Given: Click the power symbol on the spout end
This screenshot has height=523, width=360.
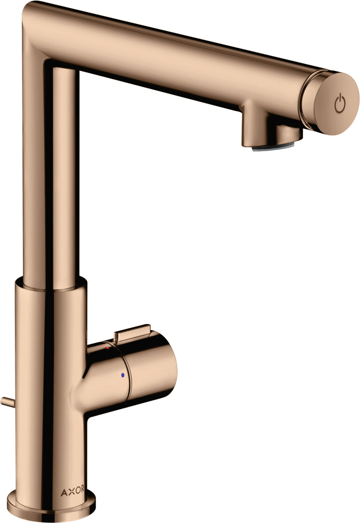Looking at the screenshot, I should (340, 104).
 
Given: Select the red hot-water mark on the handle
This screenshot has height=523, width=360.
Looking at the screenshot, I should (107, 348).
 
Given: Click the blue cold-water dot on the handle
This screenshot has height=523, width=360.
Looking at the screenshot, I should (122, 375).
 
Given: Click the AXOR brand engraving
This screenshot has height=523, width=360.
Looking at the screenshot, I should (72, 492).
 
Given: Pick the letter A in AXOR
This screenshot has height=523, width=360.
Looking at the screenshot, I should (63, 492).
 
